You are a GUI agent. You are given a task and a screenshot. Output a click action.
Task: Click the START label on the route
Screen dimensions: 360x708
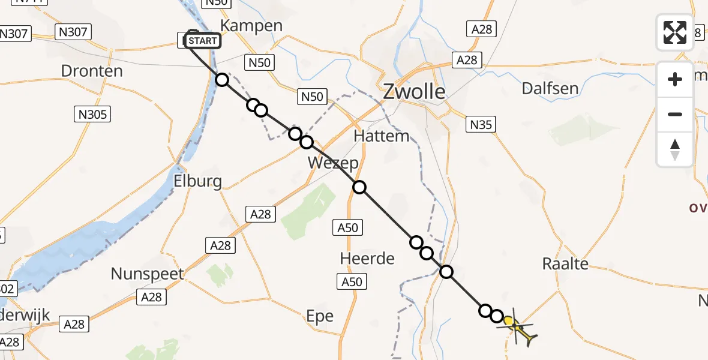pyautogui.click(x=203, y=41)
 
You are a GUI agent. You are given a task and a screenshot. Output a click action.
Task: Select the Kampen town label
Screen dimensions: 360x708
pyautogui.click(x=251, y=26)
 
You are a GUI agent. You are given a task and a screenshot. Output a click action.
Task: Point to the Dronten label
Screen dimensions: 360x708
pyautogui.click(x=92, y=71)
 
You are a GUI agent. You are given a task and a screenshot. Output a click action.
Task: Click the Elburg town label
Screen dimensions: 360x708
pyautogui.click(x=197, y=181)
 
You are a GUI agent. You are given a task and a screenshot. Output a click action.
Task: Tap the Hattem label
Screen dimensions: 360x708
pyautogui.click(x=382, y=136)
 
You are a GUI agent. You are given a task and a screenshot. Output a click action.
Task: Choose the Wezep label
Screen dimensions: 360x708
pyautogui.click(x=333, y=163)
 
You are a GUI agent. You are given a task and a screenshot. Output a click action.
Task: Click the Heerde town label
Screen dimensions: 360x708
pyautogui.click(x=367, y=259)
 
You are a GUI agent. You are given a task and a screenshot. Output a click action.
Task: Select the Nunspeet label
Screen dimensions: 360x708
pyautogui.click(x=148, y=274)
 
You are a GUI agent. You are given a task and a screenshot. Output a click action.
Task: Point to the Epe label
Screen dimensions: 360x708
pyautogui.click(x=319, y=316)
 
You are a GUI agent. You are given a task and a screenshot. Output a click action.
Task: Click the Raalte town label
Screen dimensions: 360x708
pyautogui.click(x=565, y=263)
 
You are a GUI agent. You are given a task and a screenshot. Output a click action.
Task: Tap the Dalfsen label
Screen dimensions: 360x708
pyautogui.click(x=550, y=89)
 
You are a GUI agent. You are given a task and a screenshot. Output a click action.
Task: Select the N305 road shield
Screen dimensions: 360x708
pyautogui.click(x=93, y=113)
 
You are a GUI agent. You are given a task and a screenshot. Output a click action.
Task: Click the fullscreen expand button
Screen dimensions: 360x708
pyautogui.click(x=675, y=32)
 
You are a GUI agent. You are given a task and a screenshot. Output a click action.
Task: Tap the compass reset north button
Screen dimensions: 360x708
pyautogui.click(x=675, y=149)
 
